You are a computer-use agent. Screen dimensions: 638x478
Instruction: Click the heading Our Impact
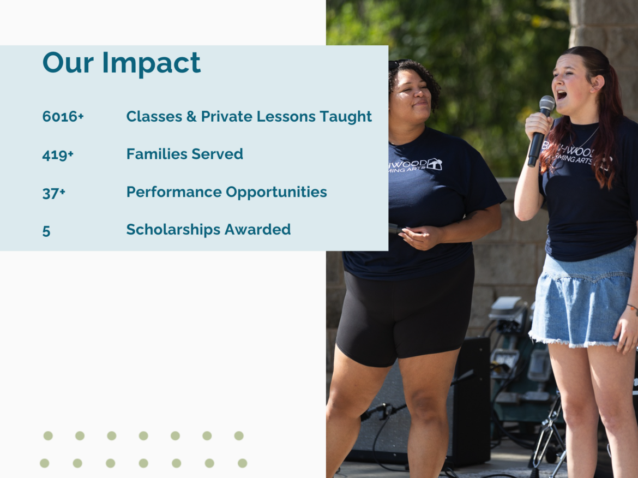pyautogui.click(x=121, y=63)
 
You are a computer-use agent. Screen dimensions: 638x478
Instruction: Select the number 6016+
pyautogui.click(x=63, y=116)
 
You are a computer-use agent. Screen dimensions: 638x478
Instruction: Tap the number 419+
pyautogui.click(x=58, y=155)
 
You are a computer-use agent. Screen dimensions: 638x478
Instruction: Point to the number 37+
pyautogui.click(x=53, y=193)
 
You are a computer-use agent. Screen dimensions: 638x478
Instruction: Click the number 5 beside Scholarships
pyautogui.click(x=46, y=231)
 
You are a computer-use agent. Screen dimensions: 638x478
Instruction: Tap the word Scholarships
pyautogui.click(x=174, y=230)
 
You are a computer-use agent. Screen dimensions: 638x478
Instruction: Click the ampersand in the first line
pyautogui.click(x=191, y=116)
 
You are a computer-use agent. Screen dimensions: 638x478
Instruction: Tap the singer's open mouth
pyautogui.click(x=562, y=95)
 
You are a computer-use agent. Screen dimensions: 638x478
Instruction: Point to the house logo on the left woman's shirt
pyautogui.click(x=434, y=164)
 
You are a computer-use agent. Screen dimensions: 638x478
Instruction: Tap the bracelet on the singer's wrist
pyautogui.click(x=633, y=308)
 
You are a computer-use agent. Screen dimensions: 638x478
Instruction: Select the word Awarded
pyautogui.click(x=257, y=230)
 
